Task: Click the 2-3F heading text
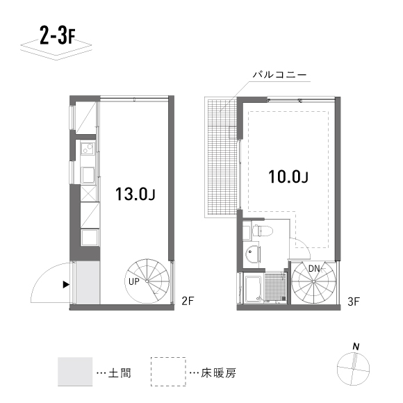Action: pyautogui.click(x=57, y=35)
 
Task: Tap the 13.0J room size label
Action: pyautogui.click(x=135, y=194)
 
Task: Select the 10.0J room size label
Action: pyautogui.click(x=288, y=176)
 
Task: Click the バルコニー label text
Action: pyautogui.click(x=279, y=74)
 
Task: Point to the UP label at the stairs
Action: pyautogui.click(x=134, y=281)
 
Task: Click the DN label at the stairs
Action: pyautogui.click(x=314, y=269)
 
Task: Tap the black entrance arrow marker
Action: pyautogui.click(x=66, y=284)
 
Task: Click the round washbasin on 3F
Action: pyautogui.click(x=252, y=254)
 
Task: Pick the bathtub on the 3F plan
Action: pyautogui.click(x=254, y=289)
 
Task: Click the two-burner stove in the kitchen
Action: pyautogui.click(x=88, y=149)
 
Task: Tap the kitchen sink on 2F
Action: pyautogui.click(x=88, y=175)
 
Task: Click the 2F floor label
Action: pyautogui.click(x=188, y=301)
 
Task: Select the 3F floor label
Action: pyautogui.click(x=354, y=302)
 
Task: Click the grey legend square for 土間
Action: pyautogui.click(x=75, y=372)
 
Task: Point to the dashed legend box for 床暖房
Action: pyautogui.click(x=168, y=372)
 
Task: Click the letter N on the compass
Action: pyautogui.click(x=356, y=347)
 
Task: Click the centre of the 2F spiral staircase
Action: pyautogui.click(x=147, y=281)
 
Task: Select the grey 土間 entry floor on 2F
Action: pyautogui.click(x=88, y=283)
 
